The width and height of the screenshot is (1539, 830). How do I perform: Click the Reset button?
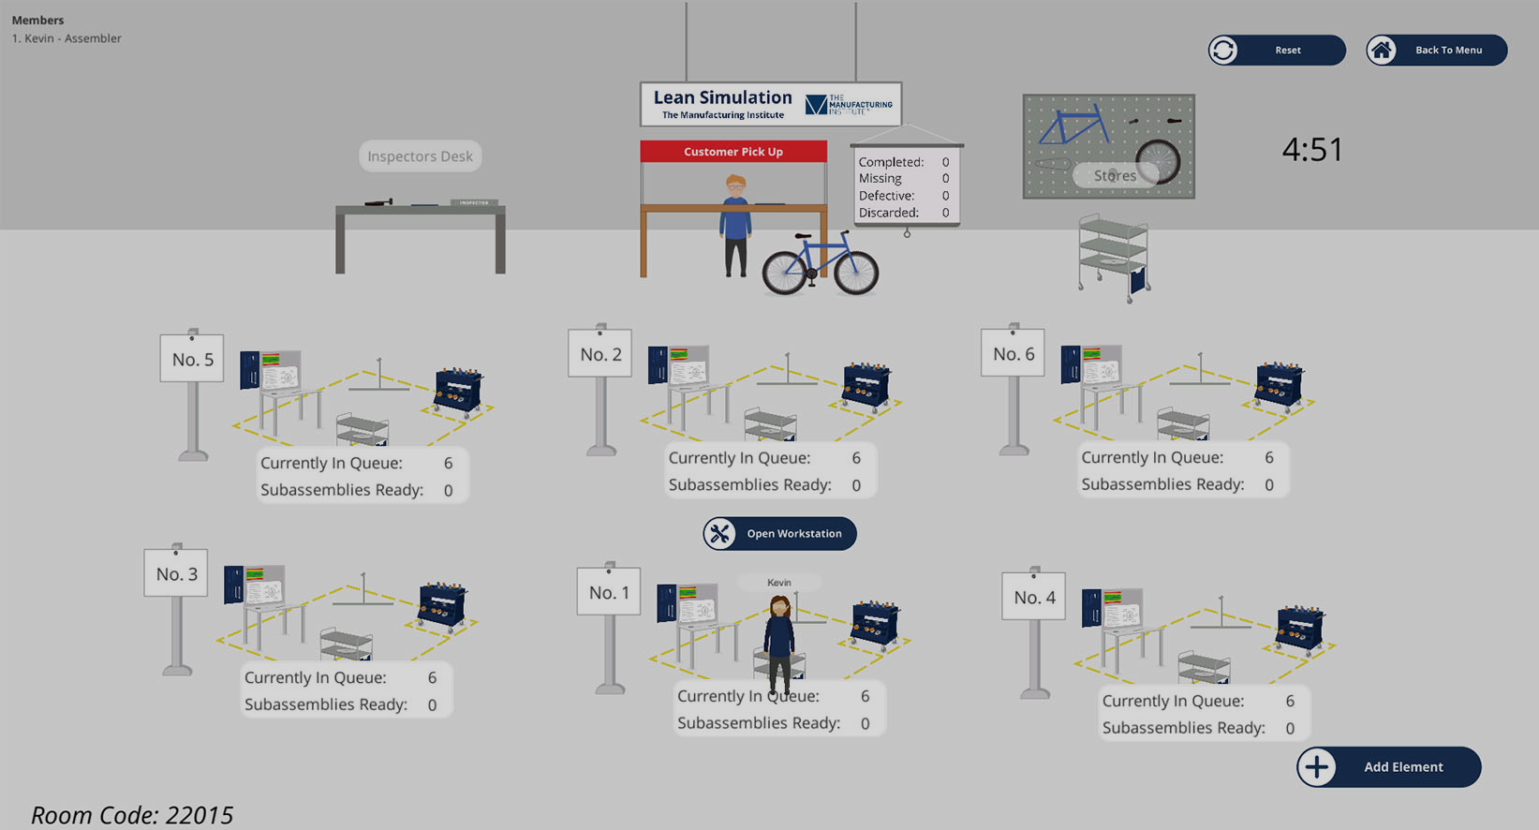(1276, 51)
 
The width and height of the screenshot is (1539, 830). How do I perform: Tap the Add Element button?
(1388, 767)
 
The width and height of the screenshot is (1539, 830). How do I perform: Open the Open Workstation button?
(779, 534)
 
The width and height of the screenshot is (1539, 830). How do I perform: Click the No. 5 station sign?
(192, 360)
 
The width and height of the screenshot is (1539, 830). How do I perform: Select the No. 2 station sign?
(600, 354)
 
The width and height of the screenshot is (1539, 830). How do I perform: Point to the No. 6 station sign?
(1014, 354)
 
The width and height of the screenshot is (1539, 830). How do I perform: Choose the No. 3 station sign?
(176, 574)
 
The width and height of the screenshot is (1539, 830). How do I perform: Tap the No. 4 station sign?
(1034, 598)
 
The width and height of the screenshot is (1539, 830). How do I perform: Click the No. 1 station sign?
(609, 593)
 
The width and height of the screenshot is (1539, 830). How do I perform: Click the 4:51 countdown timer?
(1311, 150)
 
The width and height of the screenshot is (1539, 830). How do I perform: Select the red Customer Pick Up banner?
(733, 152)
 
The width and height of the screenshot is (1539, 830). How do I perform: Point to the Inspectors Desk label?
(420, 156)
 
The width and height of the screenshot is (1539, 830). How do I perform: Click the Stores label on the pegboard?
(1115, 176)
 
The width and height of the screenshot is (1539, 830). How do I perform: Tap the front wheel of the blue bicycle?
(856, 273)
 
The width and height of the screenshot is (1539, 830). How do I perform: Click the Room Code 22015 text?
(132, 815)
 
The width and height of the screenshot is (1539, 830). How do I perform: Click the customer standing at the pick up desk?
(735, 225)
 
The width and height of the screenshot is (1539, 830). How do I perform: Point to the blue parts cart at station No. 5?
(458, 390)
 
